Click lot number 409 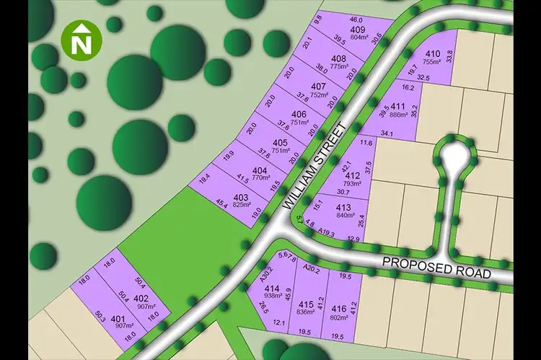[358, 30]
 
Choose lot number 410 [432, 54]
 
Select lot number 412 [353, 175]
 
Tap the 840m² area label [343, 215]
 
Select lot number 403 [241, 197]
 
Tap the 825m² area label [242, 205]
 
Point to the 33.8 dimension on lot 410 [449, 54]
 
